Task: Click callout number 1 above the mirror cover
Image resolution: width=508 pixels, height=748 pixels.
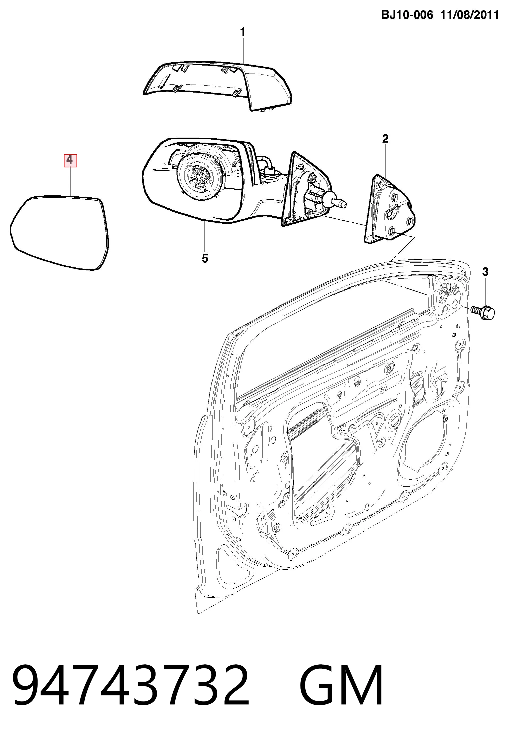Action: coord(243,32)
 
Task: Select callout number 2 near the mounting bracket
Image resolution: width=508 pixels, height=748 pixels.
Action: coord(385,139)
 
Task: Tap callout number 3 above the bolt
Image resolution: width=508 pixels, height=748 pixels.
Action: coord(485,272)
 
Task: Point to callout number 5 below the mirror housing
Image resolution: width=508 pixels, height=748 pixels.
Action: coord(205,258)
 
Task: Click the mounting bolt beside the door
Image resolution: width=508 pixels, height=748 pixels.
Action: coord(482,312)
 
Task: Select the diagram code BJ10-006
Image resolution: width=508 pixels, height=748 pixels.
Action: coord(407,15)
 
